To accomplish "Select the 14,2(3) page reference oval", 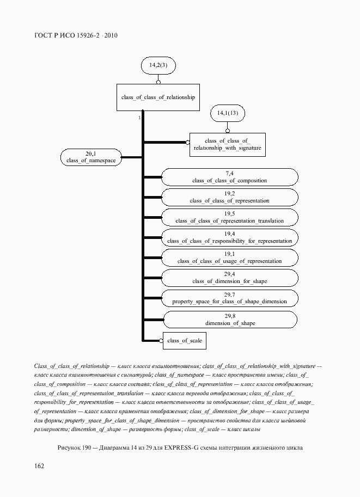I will (x=158, y=66).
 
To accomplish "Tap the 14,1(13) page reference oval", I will (x=228, y=113).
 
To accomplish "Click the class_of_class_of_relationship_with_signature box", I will (x=228, y=144).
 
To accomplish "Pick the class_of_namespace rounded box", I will (x=91, y=157).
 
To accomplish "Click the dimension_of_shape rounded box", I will (x=231, y=320).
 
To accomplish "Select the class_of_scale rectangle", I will (x=185, y=341).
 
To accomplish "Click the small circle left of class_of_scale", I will (x=161, y=341).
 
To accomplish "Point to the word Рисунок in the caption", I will (x=69, y=447).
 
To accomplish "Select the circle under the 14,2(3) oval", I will (x=158, y=82).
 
